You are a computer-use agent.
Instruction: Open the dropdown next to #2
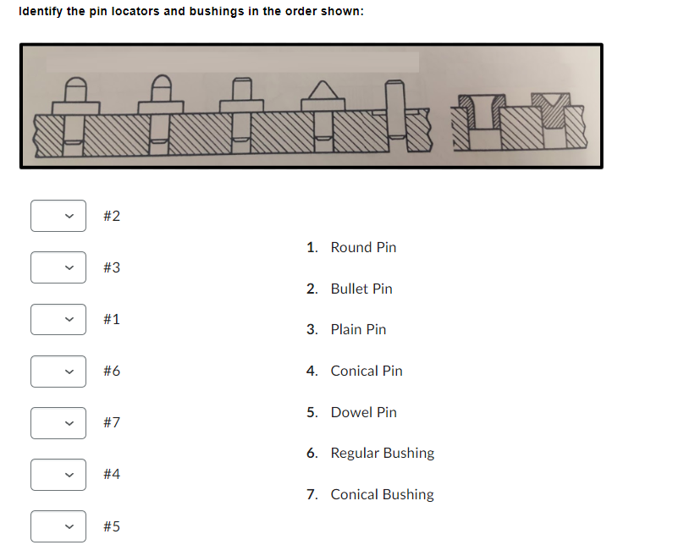(x=58, y=216)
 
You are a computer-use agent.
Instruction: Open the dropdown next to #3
(x=58, y=267)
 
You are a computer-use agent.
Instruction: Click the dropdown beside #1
(x=58, y=319)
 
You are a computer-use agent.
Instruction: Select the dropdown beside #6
(x=58, y=371)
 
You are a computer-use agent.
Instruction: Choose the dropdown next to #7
(x=58, y=422)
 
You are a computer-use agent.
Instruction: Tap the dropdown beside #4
(x=58, y=474)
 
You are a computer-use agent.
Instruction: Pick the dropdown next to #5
(x=58, y=526)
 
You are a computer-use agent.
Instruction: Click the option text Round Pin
(x=362, y=247)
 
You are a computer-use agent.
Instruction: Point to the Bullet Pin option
(x=361, y=289)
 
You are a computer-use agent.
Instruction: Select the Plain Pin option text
(x=357, y=329)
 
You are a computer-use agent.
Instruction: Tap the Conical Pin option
(x=366, y=371)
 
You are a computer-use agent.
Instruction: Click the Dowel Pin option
(x=362, y=412)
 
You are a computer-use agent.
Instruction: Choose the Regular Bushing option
(x=382, y=453)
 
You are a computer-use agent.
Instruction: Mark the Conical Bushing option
(x=382, y=494)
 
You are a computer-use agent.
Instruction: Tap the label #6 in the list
(x=111, y=371)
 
